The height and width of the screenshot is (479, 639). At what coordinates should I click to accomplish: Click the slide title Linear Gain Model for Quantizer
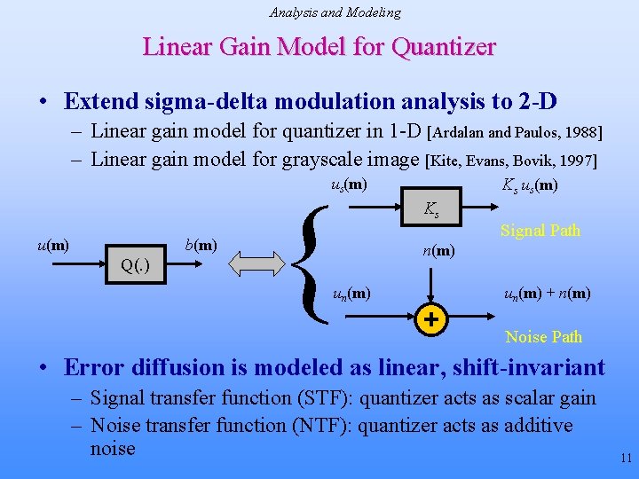(x=319, y=47)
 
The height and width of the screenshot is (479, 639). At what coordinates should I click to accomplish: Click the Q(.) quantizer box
(x=134, y=265)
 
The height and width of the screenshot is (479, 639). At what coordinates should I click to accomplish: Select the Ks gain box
(x=431, y=210)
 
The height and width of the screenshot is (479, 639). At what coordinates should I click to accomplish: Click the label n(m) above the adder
(x=438, y=251)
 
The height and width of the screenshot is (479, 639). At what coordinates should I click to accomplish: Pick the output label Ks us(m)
(x=530, y=185)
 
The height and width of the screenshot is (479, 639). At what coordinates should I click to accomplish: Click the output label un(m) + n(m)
(x=548, y=294)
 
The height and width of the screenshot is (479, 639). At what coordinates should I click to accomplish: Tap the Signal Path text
(x=540, y=231)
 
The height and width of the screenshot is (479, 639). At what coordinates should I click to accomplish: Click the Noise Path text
(x=543, y=337)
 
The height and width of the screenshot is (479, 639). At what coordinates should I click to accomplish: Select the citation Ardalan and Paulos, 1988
(x=515, y=134)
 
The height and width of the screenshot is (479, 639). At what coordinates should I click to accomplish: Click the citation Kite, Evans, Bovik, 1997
(x=512, y=161)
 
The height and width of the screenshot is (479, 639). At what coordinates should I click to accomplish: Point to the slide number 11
(x=626, y=459)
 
